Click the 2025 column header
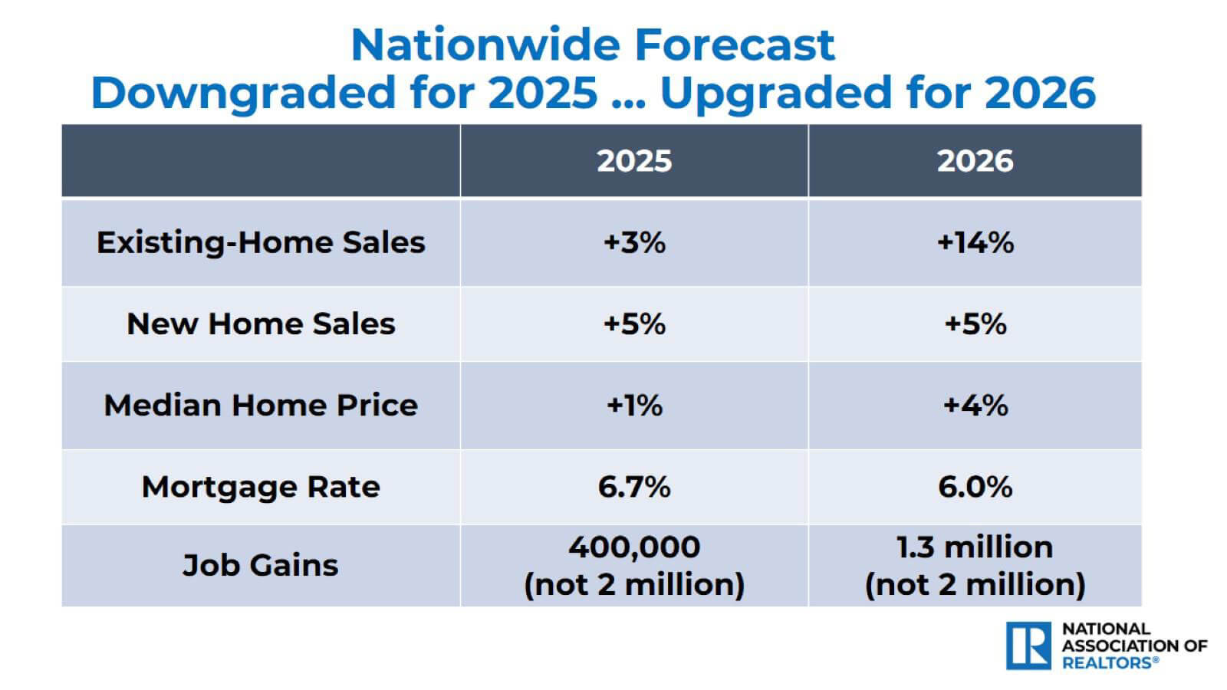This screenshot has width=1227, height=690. pos(634,161)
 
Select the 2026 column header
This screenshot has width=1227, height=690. pos(975,161)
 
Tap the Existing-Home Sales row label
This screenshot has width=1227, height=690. pos(261,242)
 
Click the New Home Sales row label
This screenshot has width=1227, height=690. pos(261,324)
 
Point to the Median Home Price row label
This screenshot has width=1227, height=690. pos(261,405)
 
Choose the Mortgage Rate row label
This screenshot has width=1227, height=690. pos(261,487)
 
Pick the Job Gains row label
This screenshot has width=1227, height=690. pos(261,565)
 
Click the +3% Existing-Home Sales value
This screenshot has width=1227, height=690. pos(634,242)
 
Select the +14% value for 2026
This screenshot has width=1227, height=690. pos(975,242)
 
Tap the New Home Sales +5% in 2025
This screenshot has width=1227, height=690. pos(634,324)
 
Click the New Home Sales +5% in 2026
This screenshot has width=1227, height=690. pos(975,324)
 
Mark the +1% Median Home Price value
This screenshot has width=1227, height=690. pos(634,405)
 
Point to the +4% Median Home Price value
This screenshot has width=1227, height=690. pos(975,405)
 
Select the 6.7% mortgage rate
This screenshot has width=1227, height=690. pos(634,487)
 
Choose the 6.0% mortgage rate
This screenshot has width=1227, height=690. pos(975,487)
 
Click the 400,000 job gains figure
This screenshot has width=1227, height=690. pos(634,547)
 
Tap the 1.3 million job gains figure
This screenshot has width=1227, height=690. pos(975,547)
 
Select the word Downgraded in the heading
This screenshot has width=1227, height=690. pos(244,93)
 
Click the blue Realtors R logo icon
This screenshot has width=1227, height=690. pos(1028,646)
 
